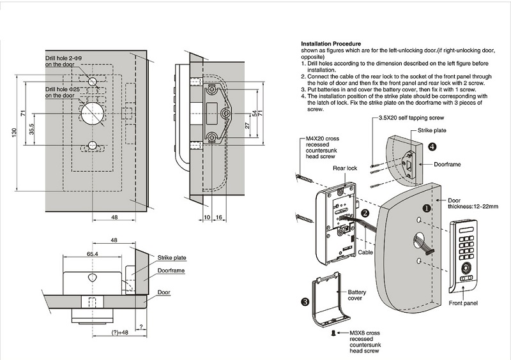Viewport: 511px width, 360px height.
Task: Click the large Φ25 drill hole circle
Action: coord(93,113)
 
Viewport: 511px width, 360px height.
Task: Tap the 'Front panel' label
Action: coord(464,303)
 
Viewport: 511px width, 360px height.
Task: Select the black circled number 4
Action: coord(432,146)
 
